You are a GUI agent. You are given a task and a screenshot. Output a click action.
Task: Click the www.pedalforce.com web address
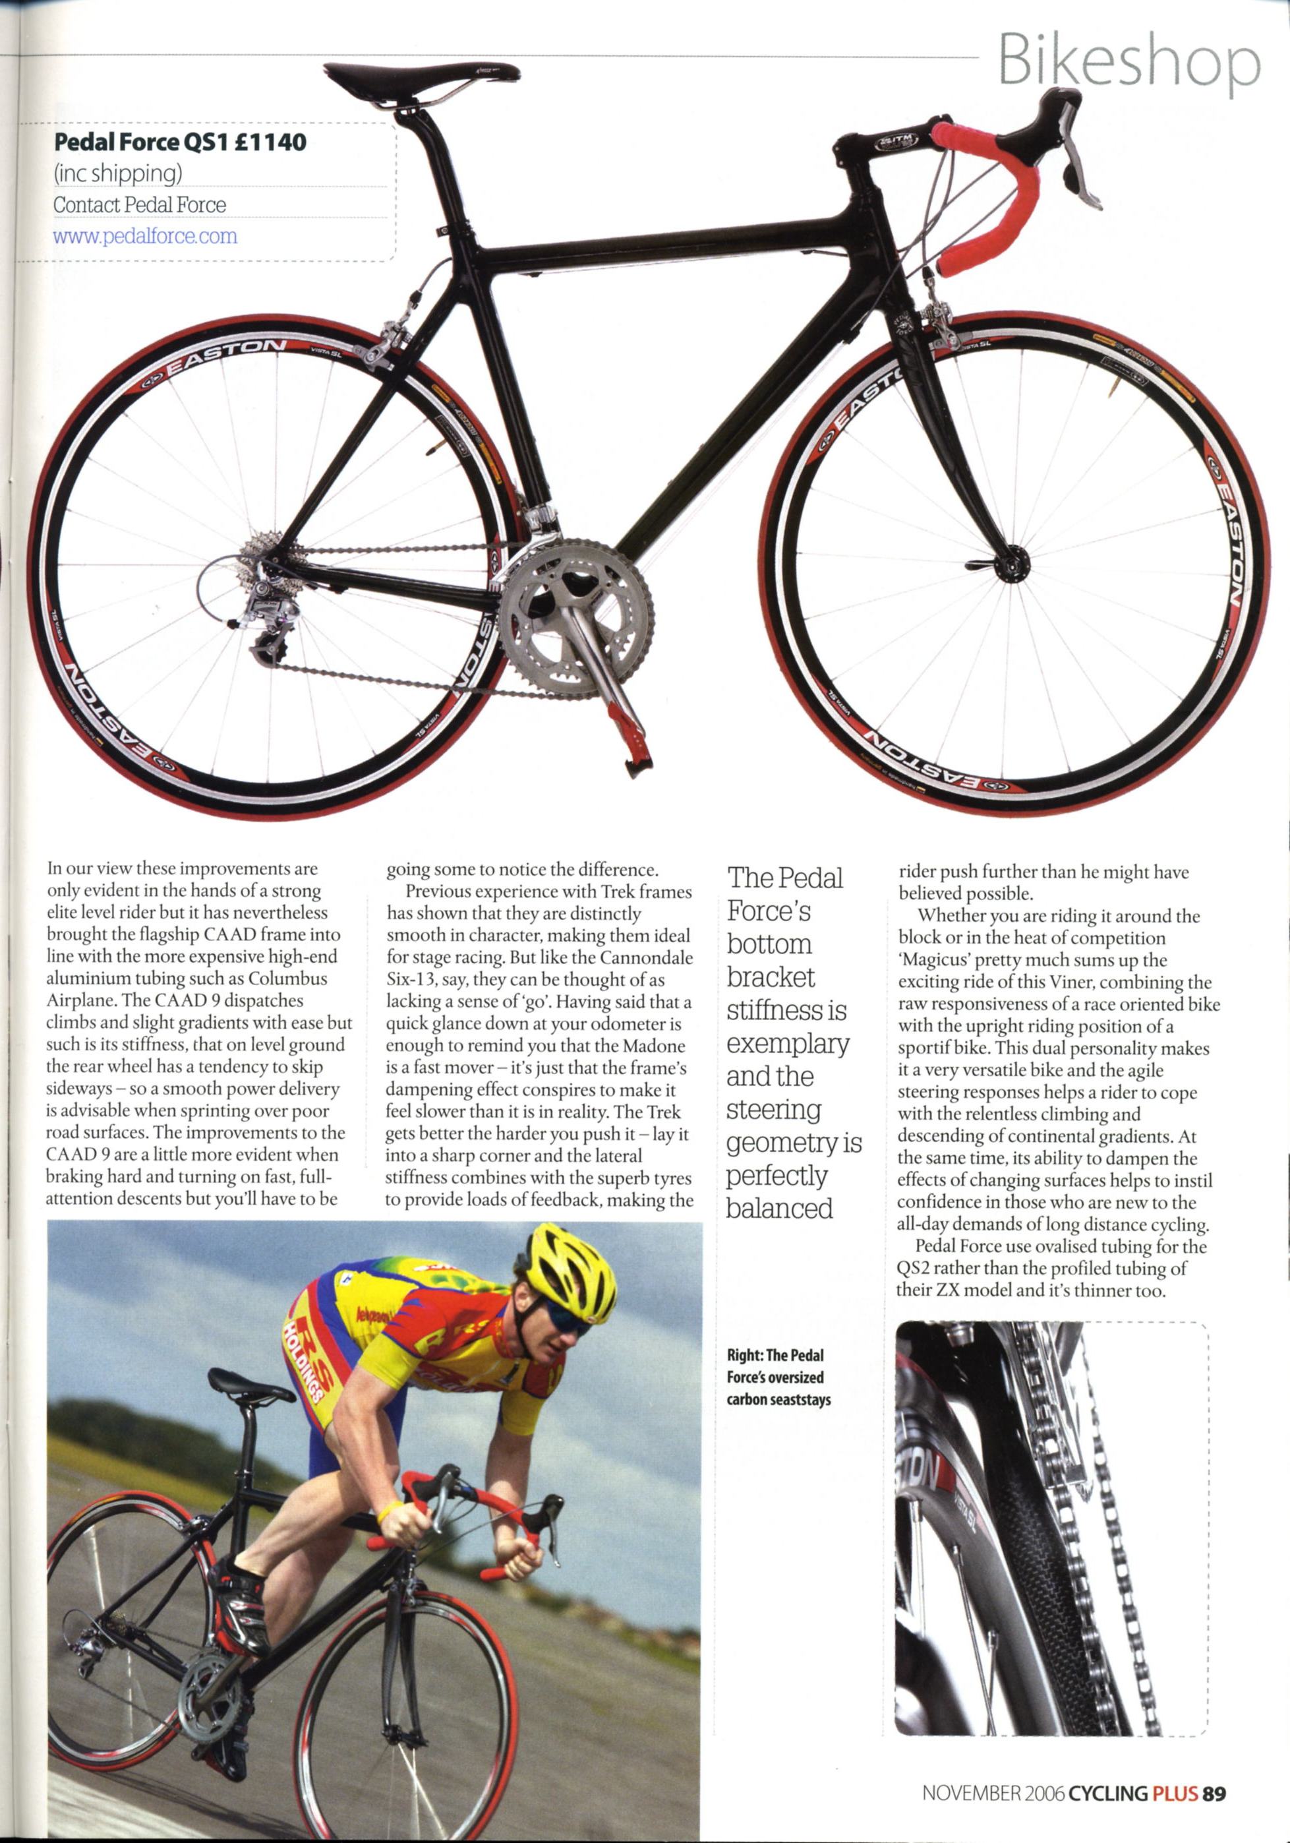click(x=145, y=237)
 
